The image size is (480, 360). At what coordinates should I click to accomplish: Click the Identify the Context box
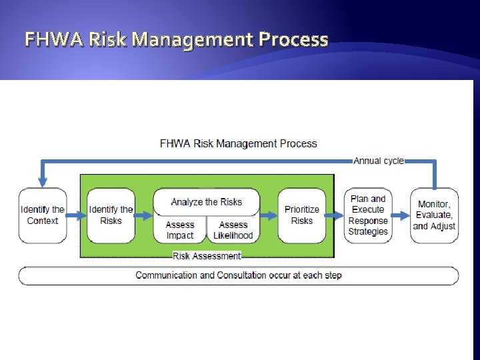43,215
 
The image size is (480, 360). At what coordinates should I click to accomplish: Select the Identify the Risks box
111,215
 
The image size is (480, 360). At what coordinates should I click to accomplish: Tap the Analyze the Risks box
206,202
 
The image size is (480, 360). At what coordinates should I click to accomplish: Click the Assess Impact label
180,230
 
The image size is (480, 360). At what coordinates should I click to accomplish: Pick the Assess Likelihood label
233,230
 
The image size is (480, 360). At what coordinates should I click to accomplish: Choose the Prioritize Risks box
302,215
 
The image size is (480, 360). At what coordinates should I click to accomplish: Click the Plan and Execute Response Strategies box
368,215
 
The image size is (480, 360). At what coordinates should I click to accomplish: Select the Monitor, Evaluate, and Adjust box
435,215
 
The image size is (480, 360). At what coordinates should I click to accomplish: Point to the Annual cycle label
379,161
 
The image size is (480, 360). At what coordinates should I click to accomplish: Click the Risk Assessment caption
207,256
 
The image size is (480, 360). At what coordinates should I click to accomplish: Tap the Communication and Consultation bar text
238,275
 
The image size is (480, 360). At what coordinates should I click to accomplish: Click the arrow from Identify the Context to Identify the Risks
77,215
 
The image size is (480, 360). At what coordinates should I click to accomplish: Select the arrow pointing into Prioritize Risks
269,215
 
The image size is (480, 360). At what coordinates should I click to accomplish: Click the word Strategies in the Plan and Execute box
368,231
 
